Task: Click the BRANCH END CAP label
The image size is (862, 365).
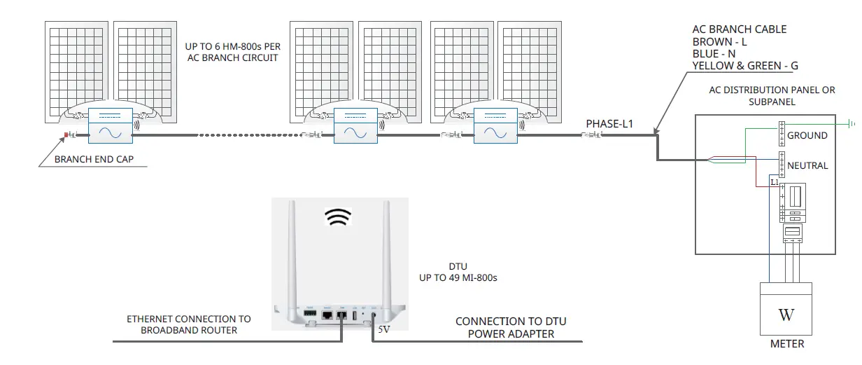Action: click(x=94, y=159)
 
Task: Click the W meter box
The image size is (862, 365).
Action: click(x=786, y=309)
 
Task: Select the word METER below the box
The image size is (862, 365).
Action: click(x=786, y=344)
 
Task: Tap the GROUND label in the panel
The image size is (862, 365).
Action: click(x=807, y=135)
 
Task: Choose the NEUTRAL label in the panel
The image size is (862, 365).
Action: click(x=807, y=165)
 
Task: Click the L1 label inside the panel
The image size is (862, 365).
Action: click(x=775, y=182)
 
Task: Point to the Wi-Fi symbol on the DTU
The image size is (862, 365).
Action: click(x=338, y=218)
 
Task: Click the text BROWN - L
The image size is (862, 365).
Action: click(x=719, y=41)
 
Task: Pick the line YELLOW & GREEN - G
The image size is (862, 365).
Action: click(x=744, y=65)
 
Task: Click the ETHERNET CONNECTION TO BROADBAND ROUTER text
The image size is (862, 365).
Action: click(x=188, y=324)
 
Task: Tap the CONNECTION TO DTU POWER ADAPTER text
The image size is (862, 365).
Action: click(x=511, y=328)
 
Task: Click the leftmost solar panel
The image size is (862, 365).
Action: click(x=76, y=70)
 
